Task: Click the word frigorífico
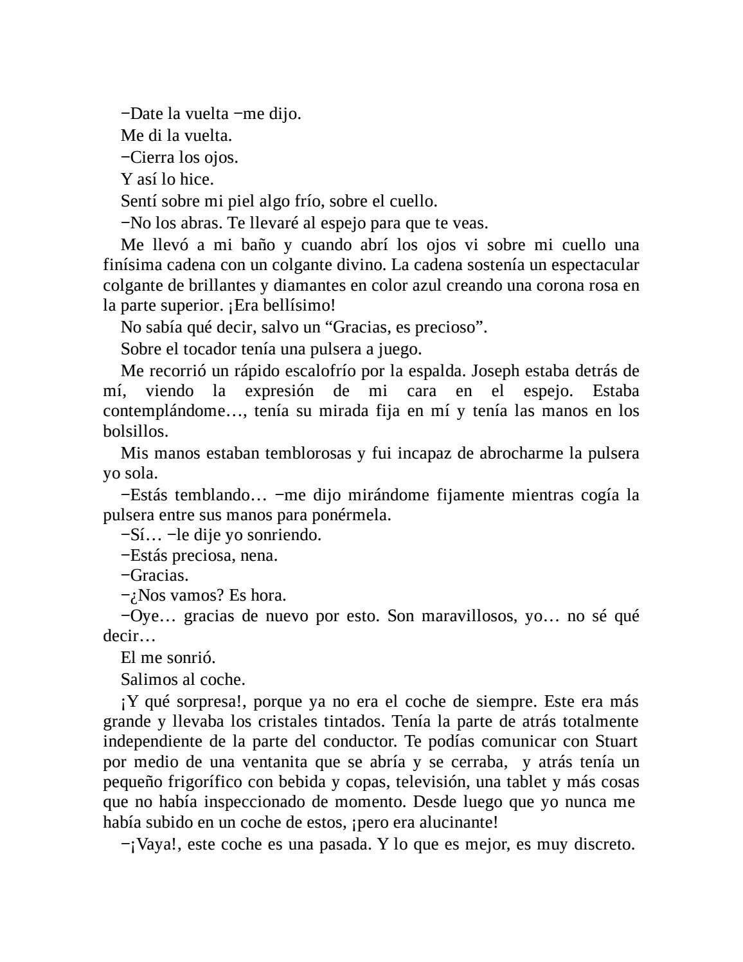[x=201, y=783]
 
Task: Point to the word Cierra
[x=152, y=158]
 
